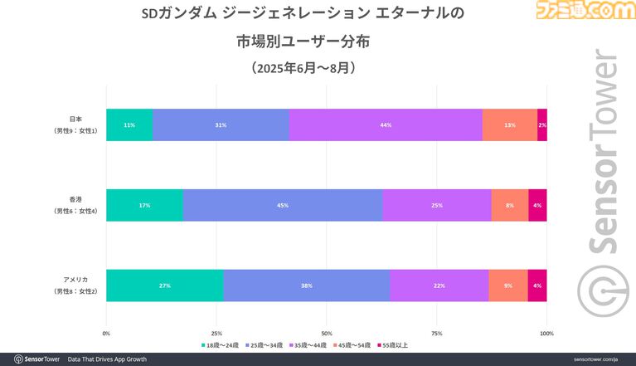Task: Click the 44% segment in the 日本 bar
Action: [x=386, y=124]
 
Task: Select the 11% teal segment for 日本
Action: [x=129, y=124]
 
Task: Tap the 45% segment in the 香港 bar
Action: [x=283, y=205]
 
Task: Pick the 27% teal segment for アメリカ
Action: [x=164, y=285]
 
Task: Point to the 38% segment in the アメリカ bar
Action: [x=306, y=285]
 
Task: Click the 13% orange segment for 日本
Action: [x=509, y=124]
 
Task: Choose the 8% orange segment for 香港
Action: [x=509, y=205]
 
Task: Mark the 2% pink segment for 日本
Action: [x=541, y=124]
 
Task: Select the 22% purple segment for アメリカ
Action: [x=438, y=285]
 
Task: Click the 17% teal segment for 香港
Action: [x=144, y=205]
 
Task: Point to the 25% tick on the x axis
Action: [x=216, y=333]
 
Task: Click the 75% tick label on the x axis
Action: [x=436, y=333]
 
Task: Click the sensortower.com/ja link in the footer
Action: [x=595, y=359]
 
